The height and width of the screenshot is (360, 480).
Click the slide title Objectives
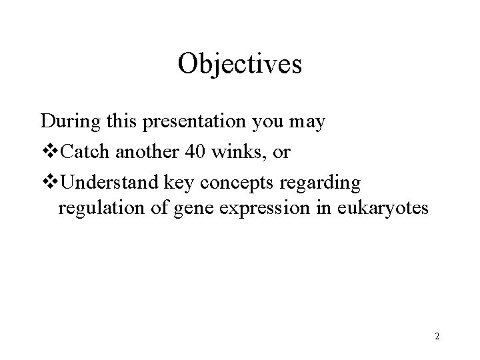pos(240,65)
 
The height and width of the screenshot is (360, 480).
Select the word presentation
pos(187,123)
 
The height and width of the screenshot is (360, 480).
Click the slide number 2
pos(436,337)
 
